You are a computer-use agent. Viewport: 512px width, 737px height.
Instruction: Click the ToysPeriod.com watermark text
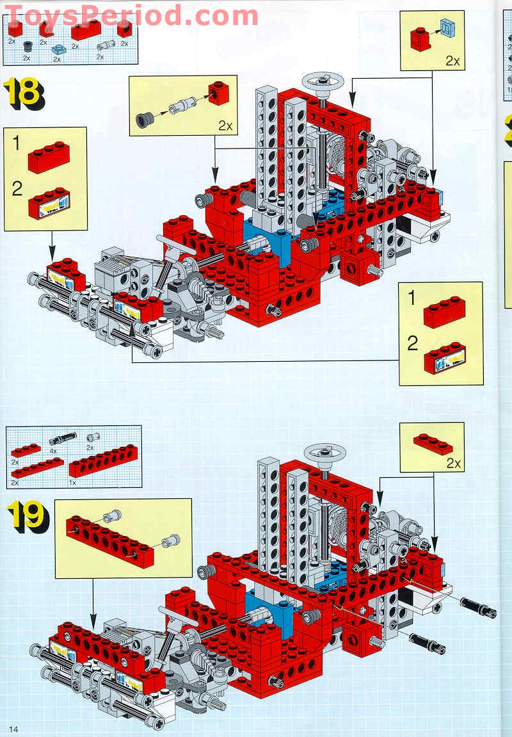131,14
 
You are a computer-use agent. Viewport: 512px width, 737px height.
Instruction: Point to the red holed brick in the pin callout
218,93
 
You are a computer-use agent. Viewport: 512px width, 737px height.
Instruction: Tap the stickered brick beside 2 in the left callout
50,204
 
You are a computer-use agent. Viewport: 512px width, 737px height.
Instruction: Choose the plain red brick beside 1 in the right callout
444,312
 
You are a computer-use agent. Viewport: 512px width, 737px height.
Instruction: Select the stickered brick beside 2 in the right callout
444,359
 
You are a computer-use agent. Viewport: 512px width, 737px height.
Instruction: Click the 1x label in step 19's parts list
72,482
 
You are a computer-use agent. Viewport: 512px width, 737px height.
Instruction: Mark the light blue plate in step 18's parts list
58,49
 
